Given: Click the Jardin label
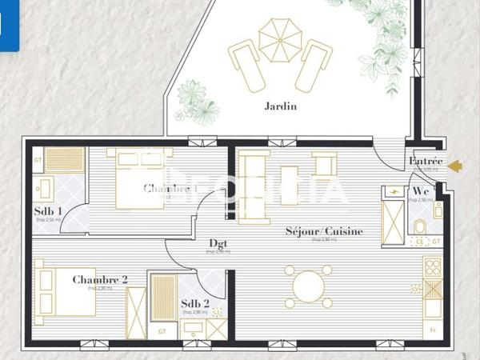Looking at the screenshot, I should pyautogui.click(x=280, y=106).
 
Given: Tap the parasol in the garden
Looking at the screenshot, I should pyautogui.click(x=280, y=39).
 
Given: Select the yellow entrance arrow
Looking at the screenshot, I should pyautogui.click(x=455, y=166).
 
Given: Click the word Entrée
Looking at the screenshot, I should pyautogui.click(x=425, y=161).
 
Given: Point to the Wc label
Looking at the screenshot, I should pyautogui.click(x=420, y=191).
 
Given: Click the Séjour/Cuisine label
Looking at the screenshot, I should pyautogui.click(x=324, y=231).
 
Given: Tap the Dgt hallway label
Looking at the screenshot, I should pyautogui.click(x=218, y=243).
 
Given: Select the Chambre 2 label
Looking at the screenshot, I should pyautogui.click(x=100, y=279).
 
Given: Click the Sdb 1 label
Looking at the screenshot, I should pyautogui.click(x=48, y=212).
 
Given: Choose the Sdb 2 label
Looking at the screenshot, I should pyautogui.click(x=194, y=303).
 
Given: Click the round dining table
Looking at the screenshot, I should pyautogui.click(x=308, y=286).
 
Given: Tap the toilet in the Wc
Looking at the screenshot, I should pyautogui.click(x=419, y=227).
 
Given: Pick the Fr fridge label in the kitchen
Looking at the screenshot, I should pyautogui.click(x=433, y=329).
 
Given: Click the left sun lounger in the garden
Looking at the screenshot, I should pyautogui.click(x=246, y=65).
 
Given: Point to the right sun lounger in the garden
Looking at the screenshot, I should pyautogui.click(x=313, y=65).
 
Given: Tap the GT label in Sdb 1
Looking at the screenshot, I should pyautogui.click(x=38, y=160).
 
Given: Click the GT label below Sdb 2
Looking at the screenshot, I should pyautogui.click(x=162, y=330).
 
